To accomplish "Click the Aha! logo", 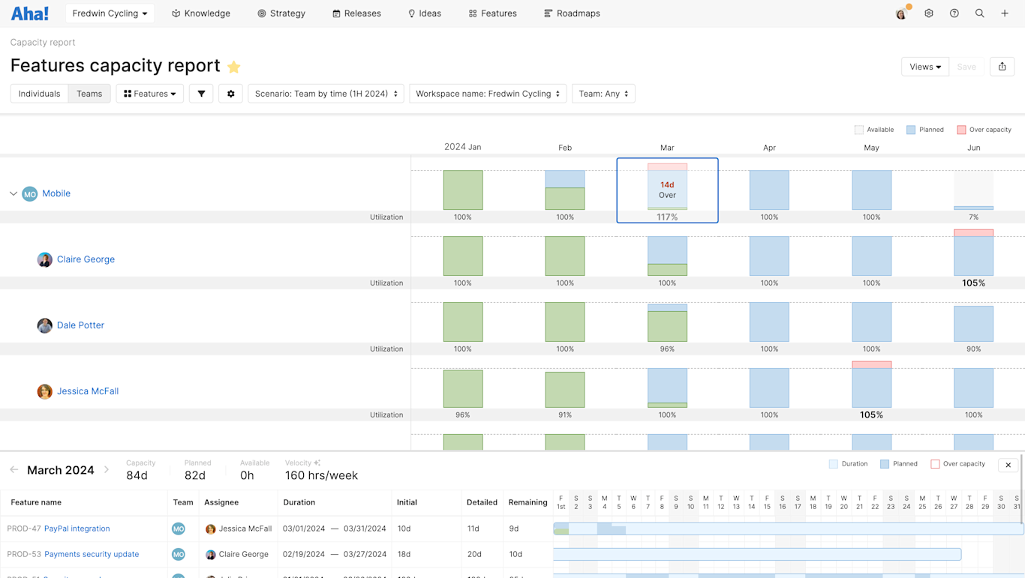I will coord(30,13).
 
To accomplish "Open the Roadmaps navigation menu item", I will coord(572,13).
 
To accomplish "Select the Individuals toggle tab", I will coord(39,94).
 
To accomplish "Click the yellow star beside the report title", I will coord(234,67).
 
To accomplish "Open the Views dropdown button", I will coord(924,67).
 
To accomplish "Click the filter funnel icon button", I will coord(201,94).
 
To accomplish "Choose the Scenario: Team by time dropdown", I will coord(326,94).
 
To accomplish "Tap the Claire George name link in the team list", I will coord(86,259).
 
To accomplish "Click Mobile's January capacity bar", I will coord(463,190).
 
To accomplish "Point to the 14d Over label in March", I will coord(667,190).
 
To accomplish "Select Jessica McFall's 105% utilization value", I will coord(871,415).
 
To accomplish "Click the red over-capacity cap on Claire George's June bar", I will coord(973,233).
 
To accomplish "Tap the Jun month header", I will coord(973,148).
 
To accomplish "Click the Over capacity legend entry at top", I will coord(984,130).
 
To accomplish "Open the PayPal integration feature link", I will coord(77,529).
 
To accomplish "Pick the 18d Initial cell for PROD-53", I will coord(404,554).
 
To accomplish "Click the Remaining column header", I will coord(528,502).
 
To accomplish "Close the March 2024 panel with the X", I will coord(1008,465).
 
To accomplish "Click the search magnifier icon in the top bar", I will coord(979,13).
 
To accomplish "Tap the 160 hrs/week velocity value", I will coord(321,475).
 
